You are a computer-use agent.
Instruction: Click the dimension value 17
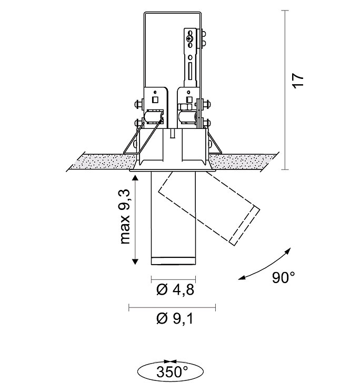point(298,81)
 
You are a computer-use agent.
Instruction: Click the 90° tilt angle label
point(284,277)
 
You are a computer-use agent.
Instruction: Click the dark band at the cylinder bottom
point(174,262)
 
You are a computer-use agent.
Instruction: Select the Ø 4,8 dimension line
point(174,277)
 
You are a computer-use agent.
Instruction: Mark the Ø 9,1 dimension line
point(172,305)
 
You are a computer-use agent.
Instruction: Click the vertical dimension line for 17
point(284,89)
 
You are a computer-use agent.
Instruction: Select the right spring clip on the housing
point(213,140)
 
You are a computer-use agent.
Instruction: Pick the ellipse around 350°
point(141,372)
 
